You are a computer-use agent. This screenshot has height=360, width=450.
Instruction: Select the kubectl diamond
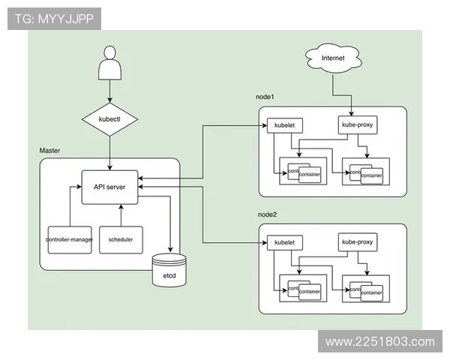coord(110,119)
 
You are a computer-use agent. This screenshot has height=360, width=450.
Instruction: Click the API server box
coord(109,187)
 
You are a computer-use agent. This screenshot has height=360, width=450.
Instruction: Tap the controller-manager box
coord(68,239)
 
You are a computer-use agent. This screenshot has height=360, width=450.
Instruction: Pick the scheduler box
coord(121,239)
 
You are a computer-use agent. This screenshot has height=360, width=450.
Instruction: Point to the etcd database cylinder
coord(170,271)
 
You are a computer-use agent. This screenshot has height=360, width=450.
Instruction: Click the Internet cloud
coord(332,58)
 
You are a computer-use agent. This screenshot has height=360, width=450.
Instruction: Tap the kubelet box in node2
coord(283,243)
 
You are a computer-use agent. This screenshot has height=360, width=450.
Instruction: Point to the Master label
coord(49,151)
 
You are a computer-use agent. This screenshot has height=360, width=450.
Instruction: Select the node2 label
coord(268,215)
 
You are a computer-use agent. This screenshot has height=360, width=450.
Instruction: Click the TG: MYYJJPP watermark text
coord(53,19)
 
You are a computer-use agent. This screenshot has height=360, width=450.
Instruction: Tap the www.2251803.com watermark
coord(380,342)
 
